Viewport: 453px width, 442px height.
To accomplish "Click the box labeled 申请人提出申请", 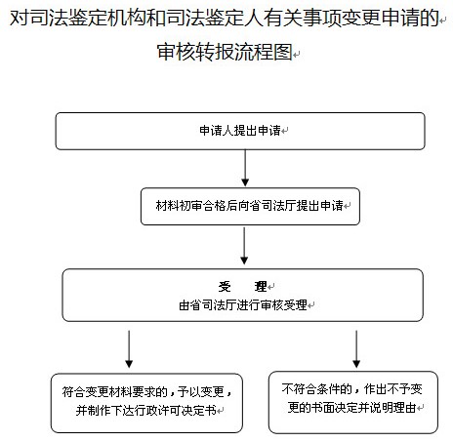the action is click(x=240, y=131).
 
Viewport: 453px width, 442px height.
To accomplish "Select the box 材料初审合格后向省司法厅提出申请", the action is click(x=250, y=206).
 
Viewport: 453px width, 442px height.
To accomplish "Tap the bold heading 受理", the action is click(x=243, y=287).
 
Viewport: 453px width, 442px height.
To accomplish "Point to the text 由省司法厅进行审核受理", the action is click(x=243, y=305).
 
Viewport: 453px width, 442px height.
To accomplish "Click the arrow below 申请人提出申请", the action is click(x=245, y=168).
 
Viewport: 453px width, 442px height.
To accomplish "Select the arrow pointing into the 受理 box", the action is click(x=244, y=246).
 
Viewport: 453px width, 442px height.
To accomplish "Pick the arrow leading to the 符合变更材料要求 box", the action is click(x=129, y=349).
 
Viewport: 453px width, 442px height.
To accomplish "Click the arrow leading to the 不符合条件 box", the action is click(x=356, y=349).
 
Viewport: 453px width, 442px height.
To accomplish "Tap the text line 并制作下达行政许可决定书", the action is click(x=146, y=411).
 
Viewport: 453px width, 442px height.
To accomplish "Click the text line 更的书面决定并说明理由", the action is click(x=351, y=407).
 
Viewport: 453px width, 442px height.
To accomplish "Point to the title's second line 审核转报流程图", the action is click(x=225, y=52).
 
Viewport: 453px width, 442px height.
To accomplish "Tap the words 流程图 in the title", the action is click(x=264, y=52).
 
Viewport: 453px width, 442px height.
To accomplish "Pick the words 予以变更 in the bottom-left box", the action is click(x=201, y=392).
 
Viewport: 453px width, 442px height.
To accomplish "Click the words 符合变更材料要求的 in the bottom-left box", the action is click(x=114, y=392).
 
